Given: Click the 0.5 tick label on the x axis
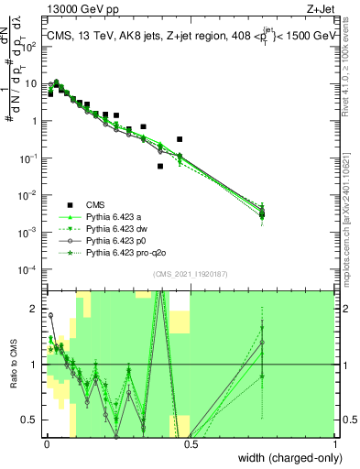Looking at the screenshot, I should (190, 442).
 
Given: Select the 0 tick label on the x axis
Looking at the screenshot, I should (45, 442).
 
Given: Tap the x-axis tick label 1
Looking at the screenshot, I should (335, 442).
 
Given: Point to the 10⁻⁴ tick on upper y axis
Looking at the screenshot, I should (29, 269).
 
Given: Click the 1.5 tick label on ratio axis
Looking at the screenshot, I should (31, 336).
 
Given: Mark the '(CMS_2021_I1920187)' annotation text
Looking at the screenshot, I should (191, 274).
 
